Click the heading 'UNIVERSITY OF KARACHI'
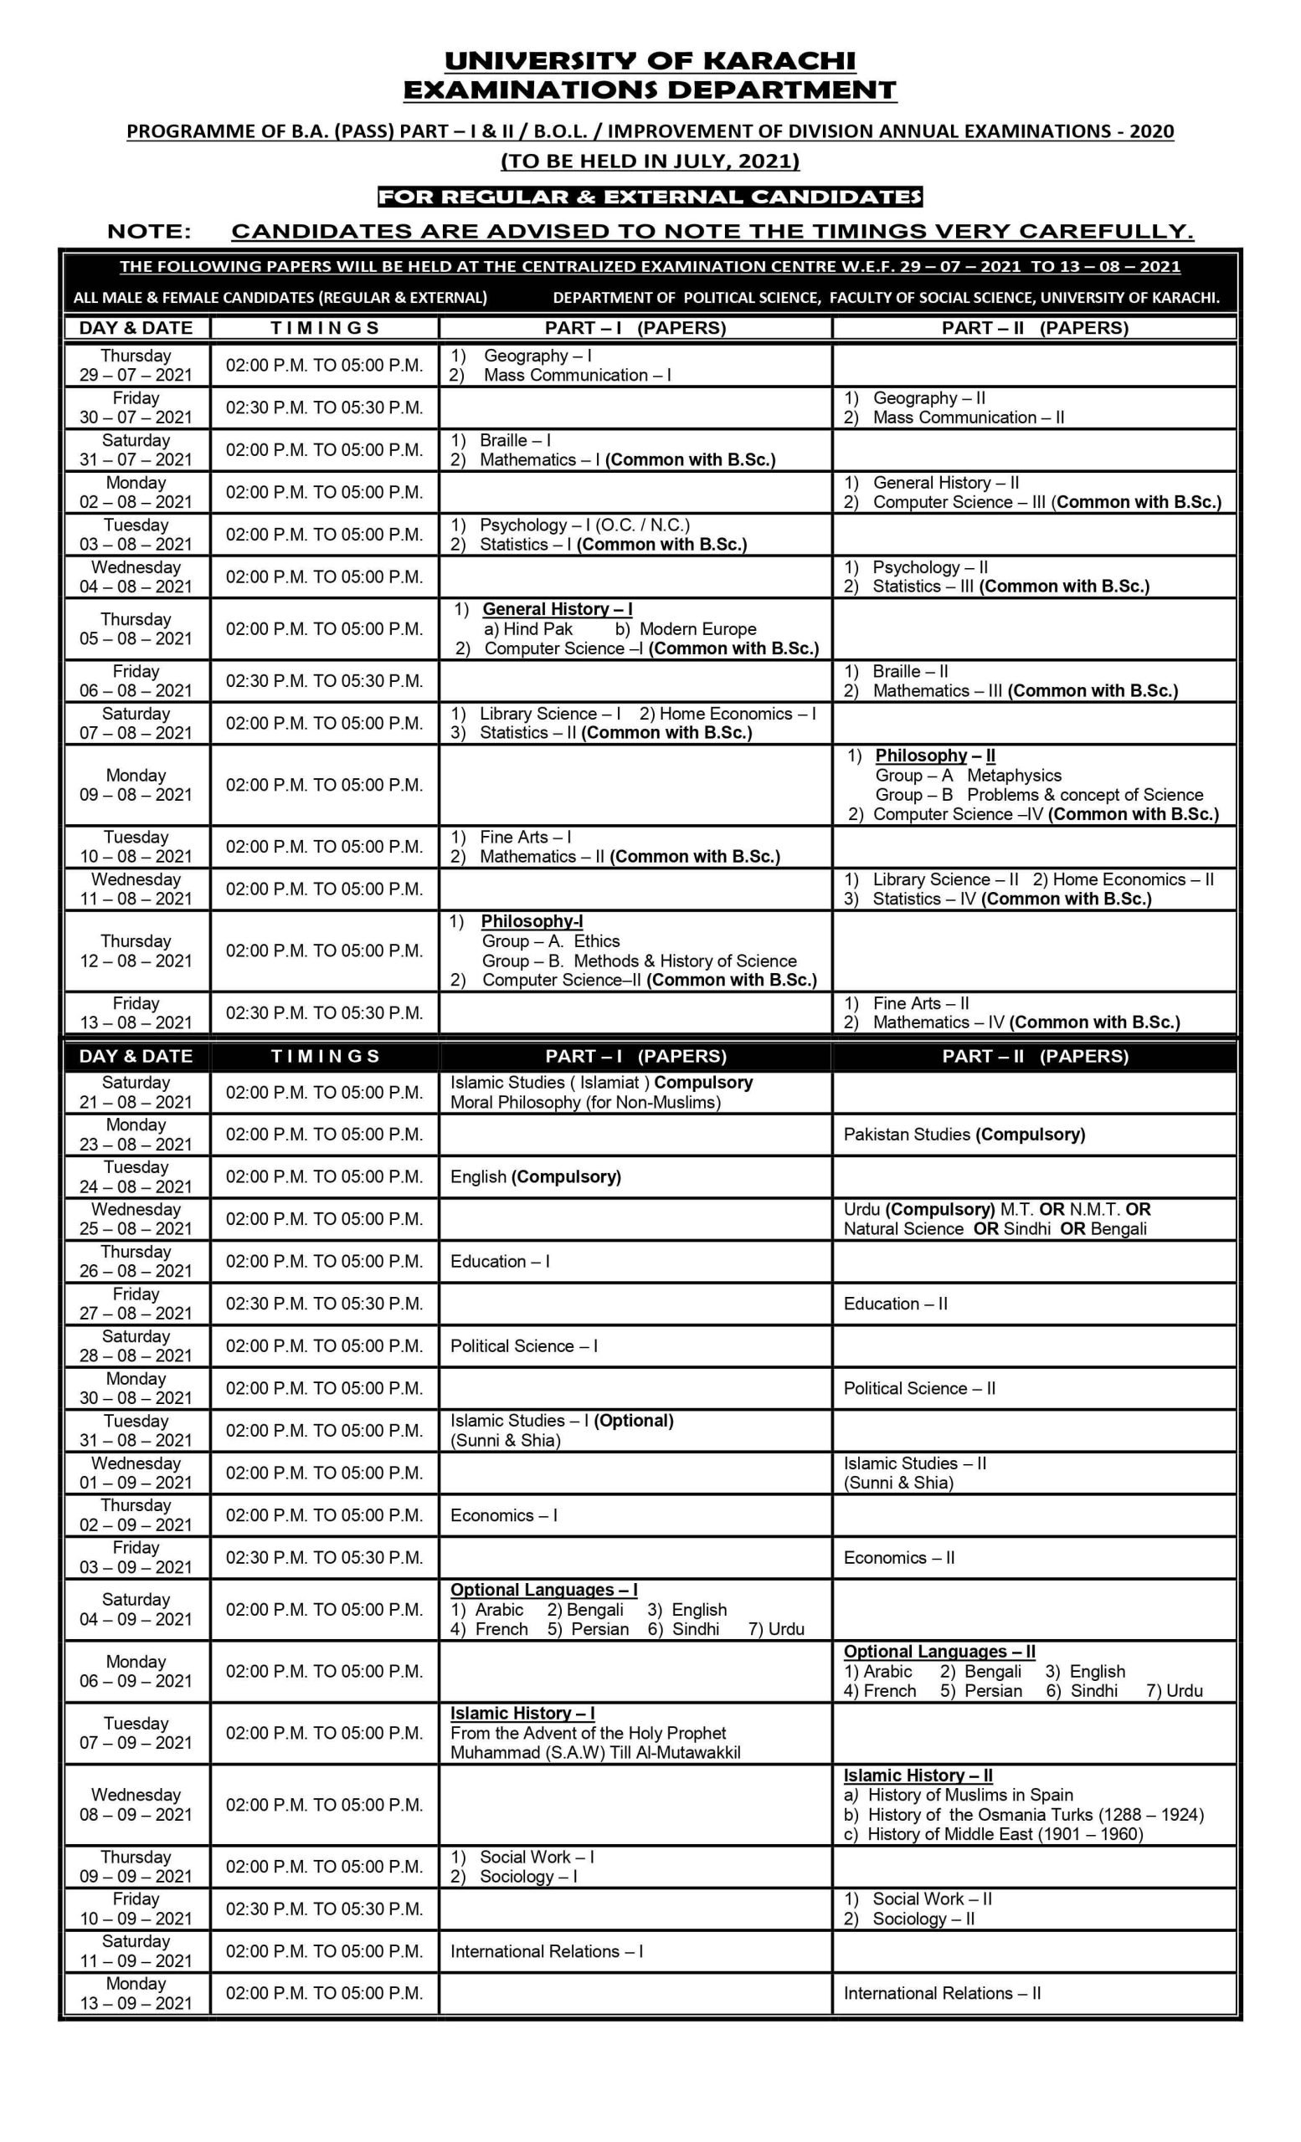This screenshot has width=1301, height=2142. point(650,61)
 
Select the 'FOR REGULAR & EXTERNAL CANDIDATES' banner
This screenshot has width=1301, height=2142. point(650,197)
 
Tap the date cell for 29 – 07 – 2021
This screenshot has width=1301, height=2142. point(136,365)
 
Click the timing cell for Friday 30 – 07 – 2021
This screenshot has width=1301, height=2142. point(324,407)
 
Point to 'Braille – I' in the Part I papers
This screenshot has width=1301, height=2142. point(515,441)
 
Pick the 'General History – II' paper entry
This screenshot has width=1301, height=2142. point(945,483)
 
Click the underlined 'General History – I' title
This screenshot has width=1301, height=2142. point(558,609)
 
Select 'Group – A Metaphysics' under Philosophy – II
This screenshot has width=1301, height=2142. point(968,776)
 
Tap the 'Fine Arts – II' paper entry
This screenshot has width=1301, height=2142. point(920,1003)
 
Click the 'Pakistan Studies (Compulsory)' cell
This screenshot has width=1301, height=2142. point(964,1135)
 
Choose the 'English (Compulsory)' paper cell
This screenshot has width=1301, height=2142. point(536,1177)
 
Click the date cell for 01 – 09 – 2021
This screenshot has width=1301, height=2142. point(136,1473)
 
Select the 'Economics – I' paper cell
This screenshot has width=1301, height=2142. point(503,1515)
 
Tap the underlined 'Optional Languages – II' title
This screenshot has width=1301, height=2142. point(939,1652)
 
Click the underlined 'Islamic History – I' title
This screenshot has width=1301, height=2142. point(522,1714)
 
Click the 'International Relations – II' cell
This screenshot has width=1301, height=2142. point(942,1993)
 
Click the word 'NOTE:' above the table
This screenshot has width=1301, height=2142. point(149,231)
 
